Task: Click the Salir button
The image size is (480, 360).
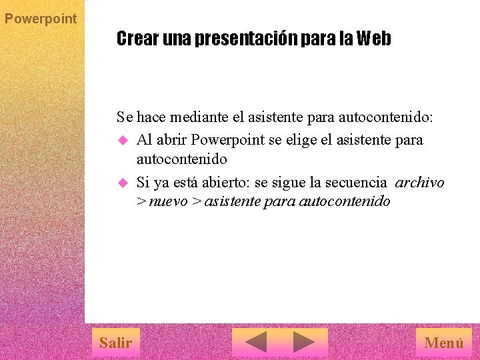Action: [x=115, y=343]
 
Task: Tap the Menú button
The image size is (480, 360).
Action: [x=443, y=343]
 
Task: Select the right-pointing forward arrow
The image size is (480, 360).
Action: [x=304, y=343]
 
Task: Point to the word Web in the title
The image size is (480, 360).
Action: [x=373, y=39]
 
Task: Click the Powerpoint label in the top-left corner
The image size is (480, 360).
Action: [x=41, y=19]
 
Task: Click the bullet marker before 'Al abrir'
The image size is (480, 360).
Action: [x=122, y=141]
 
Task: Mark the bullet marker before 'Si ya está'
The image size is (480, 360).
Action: [x=122, y=182]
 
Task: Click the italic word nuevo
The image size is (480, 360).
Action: [x=168, y=201]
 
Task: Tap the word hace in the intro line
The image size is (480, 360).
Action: [x=151, y=118]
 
